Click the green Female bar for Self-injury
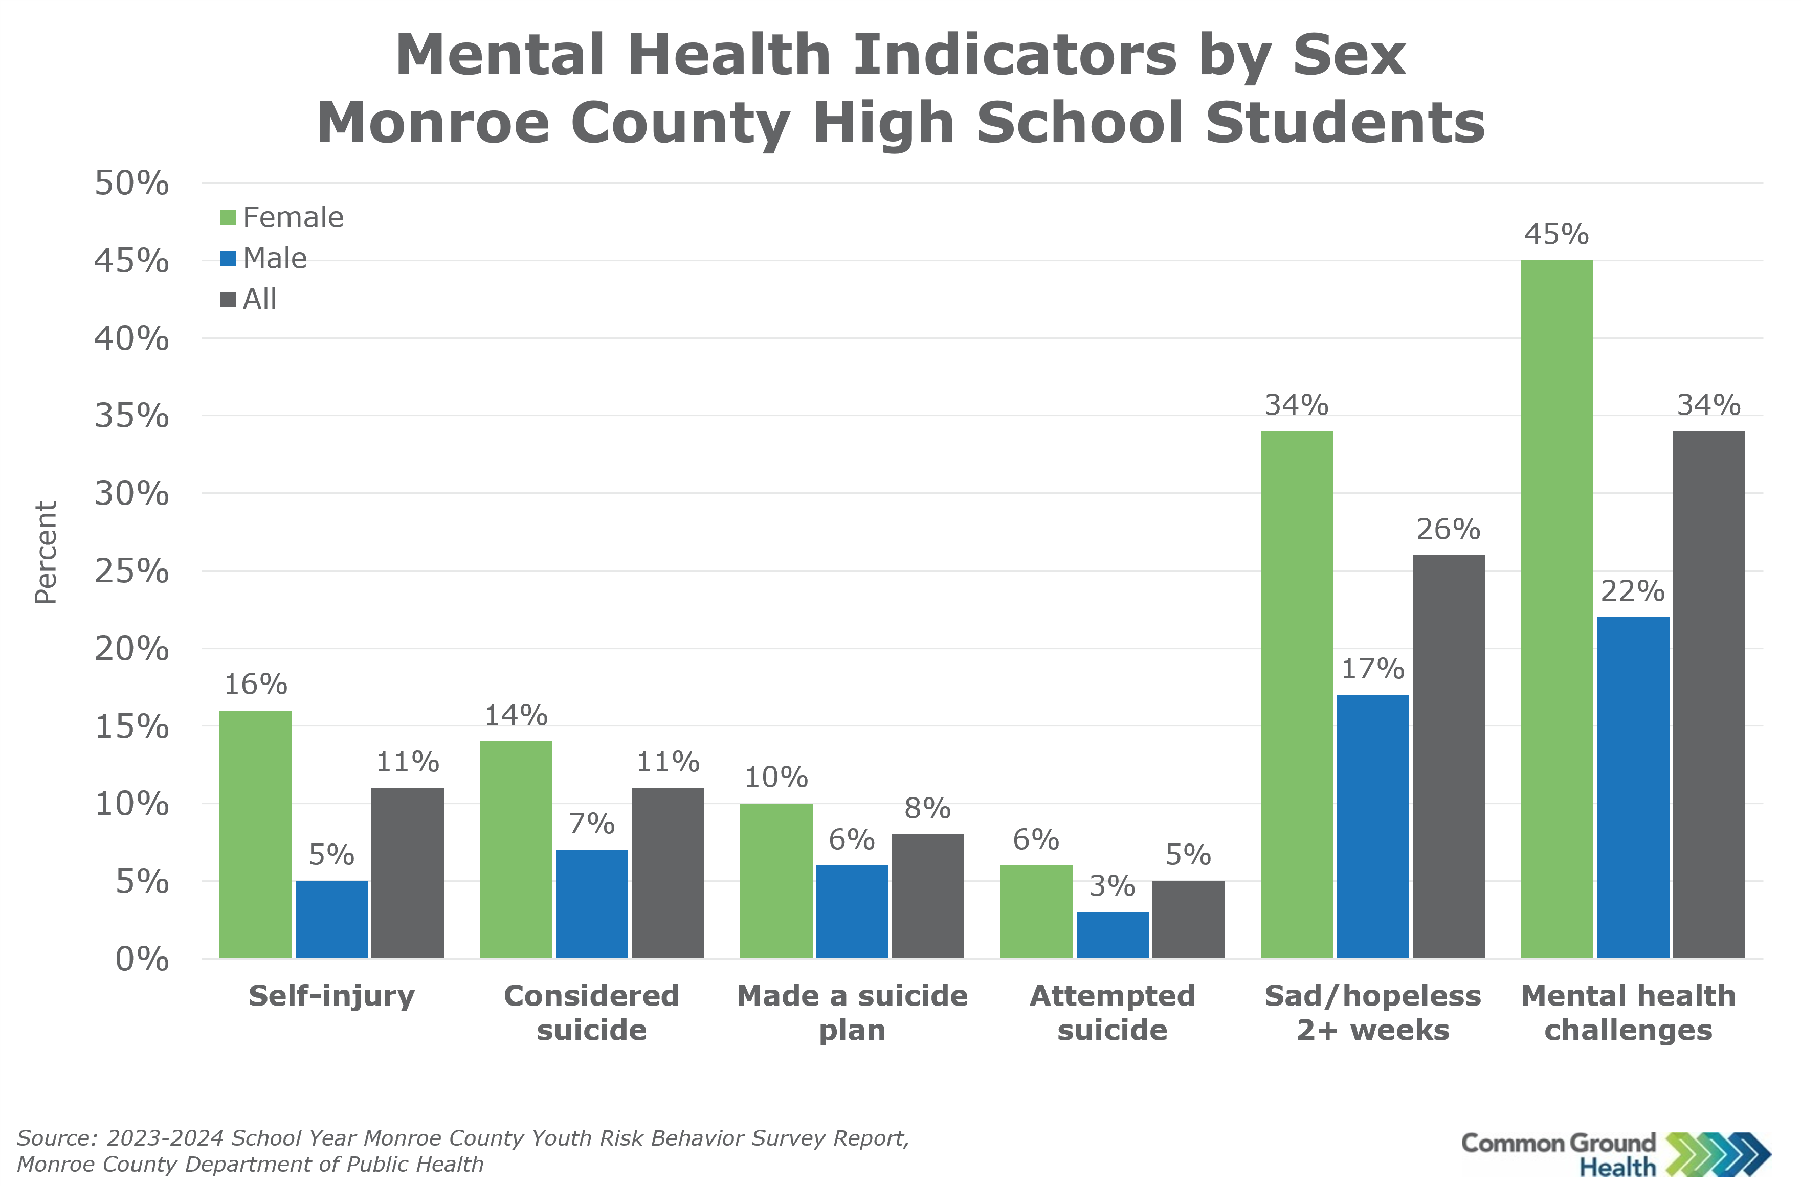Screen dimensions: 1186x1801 pyautogui.click(x=256, y=834)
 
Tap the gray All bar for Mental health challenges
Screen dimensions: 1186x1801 pyautogui.click(x=1709, y=694)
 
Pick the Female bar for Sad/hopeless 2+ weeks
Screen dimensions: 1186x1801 pyautogui.click(x=1296, y=694)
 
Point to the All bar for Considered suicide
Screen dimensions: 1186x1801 pyautogui.click(x=668, y=873)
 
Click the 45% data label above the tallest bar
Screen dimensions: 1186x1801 pyautogui.click(x=1556, y=235)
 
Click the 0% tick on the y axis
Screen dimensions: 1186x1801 pyautogui.click(x=142, y=959)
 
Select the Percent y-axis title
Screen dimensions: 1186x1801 pyautogui.click(x=46, y=552)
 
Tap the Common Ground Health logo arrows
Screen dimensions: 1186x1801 pyautogui.click(x=1718, y=1154)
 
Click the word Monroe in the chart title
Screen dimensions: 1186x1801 pyautogui.click(x=433, y=123)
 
